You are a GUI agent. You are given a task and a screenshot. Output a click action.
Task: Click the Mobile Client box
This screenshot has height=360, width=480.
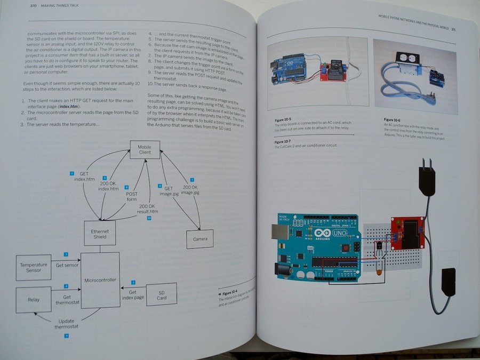(145, 149)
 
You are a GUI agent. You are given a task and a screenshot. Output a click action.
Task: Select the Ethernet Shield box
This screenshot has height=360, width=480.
(100, 233)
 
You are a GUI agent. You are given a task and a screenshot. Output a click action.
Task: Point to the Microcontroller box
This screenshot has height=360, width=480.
(100, 279)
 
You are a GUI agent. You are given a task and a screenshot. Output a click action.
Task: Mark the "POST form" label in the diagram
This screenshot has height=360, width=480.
(131, 197)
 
